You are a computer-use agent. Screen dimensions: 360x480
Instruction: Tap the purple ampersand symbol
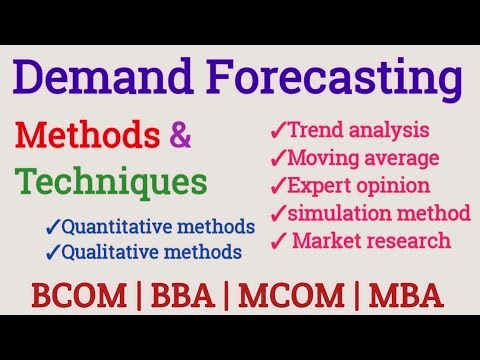click(181, 136)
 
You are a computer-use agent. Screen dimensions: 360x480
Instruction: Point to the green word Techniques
click(112, 182)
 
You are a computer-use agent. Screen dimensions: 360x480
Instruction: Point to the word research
click(409, 241)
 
